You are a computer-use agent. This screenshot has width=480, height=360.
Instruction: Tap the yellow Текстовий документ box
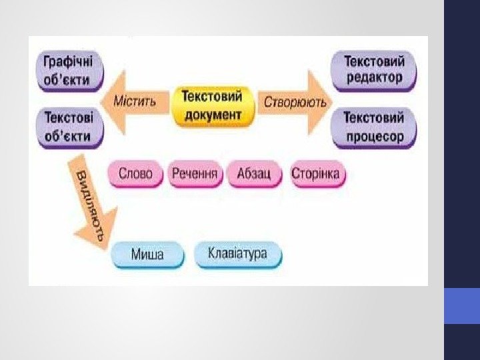click(213, 105)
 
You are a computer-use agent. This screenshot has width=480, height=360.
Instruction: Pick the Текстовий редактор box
click(373, 69)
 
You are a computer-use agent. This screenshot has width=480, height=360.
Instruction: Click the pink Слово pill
click(135, 175)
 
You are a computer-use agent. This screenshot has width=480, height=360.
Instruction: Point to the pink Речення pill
click(195, 175)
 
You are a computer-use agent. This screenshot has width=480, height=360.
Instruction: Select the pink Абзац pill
click(254, 175)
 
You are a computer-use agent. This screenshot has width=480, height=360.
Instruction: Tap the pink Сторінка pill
click(316, 175)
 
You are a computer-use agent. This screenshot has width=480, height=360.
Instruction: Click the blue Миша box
click(147, 255)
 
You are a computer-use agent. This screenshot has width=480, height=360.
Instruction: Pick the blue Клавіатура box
click(237, 254)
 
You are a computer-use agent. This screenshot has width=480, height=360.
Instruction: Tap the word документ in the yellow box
click(213, 115)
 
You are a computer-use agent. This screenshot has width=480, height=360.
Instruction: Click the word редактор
click(375, 77)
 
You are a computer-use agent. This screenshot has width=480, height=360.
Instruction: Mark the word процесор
click(375, 136)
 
